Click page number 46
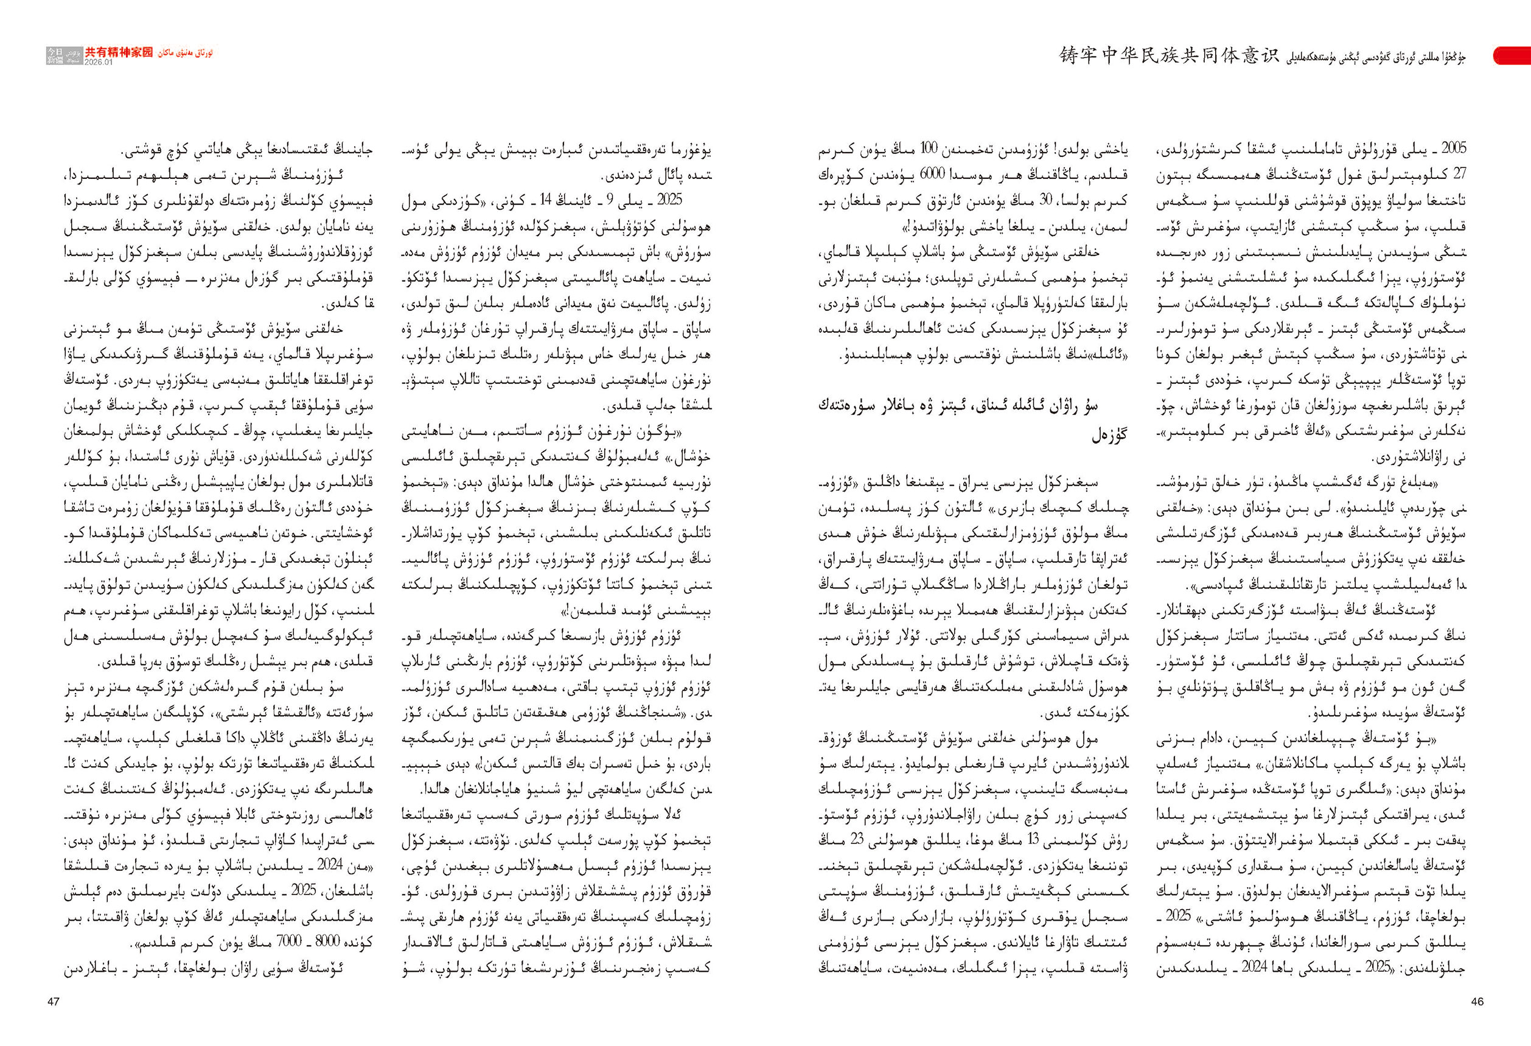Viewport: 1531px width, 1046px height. pyautogui.click(x=1477, y=1001)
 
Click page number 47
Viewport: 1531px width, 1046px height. pyautogui.click(x=54, y=1001)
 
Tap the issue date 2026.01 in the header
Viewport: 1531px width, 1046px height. pyautogui.click(x=99, y=63)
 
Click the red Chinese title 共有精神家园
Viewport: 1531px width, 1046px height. pyautogui.click(x=119, y=52)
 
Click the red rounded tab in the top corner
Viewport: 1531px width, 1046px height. pyautogui.click(x=1512, y=56)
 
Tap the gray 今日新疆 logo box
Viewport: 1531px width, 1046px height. pyautogui.click(x=55, y=56)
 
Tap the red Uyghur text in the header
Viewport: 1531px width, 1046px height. pyautogui.click(x=185, y=53)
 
